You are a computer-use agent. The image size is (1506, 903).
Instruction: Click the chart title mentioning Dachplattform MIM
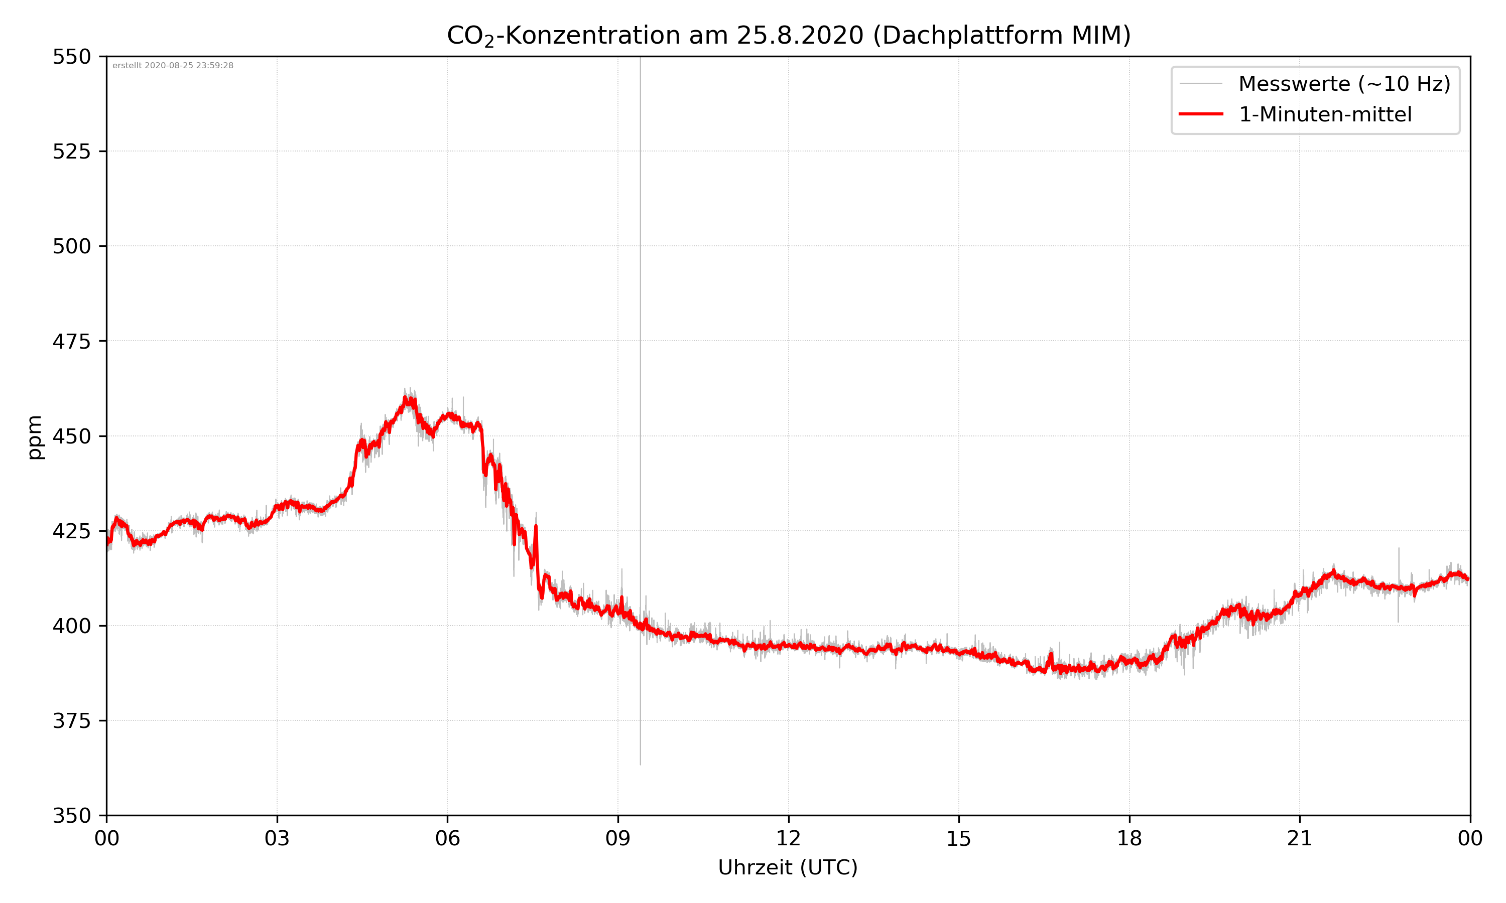(x=788, y=35)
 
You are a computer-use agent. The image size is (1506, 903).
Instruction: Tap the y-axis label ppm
(x=35, y=437)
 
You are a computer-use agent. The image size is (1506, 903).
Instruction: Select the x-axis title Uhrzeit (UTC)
(x=788, y=867)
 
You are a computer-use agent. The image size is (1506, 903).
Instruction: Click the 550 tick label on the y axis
(x=71, y=57)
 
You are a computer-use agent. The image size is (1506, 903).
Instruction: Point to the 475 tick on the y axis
(x=71, y=341)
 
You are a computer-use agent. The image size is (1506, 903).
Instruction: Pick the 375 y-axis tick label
(x=71, y=721)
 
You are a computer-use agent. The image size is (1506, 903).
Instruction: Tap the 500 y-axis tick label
(x=71, y=246)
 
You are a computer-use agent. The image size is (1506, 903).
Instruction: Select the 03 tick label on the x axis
(x=277, y=838)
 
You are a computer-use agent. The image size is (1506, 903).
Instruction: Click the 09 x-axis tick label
(x=618, y=838)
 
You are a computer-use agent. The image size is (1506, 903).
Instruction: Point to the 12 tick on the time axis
(x=788, y=838)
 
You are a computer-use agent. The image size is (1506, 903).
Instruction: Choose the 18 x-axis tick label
(x=1129, y=838)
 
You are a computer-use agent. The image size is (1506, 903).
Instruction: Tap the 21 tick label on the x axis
(x=1300, y=838)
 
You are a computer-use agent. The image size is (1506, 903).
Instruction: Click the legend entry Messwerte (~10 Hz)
(x=1344, y=84)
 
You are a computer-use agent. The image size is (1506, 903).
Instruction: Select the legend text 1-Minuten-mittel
(x=1325, y=114)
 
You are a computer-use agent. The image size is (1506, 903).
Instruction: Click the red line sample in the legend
(x=1200, y=114)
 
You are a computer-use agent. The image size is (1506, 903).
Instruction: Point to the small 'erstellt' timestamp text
(x=173, y=66)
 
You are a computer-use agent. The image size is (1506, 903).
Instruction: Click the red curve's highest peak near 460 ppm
(x=406, y=398)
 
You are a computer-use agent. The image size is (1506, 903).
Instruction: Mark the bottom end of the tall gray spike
(x=641, y=764)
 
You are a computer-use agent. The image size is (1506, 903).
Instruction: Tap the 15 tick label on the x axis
(x=959, y=838)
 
